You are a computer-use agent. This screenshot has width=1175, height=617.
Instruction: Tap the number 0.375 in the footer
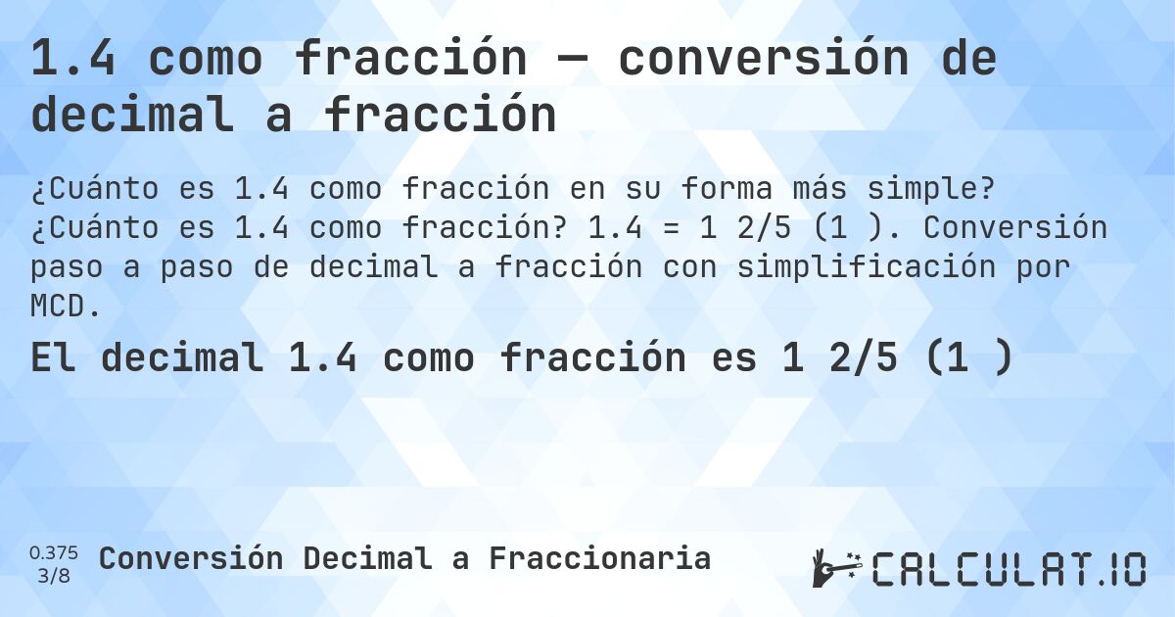click(x=54, y=552)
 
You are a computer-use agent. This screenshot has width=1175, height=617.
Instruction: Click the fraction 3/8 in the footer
click(x=54, y=576)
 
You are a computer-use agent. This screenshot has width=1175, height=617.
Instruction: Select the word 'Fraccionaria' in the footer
click(x=599, y=558)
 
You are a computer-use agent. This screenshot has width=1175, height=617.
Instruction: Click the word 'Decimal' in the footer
click(x=366, y=558)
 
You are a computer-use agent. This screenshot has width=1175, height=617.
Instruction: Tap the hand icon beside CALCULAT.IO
click(x=835, y=567)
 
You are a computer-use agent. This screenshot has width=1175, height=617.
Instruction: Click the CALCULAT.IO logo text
click(x=1009, y=568)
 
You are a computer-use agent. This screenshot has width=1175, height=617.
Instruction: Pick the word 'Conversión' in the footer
click(x=191, y=558)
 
